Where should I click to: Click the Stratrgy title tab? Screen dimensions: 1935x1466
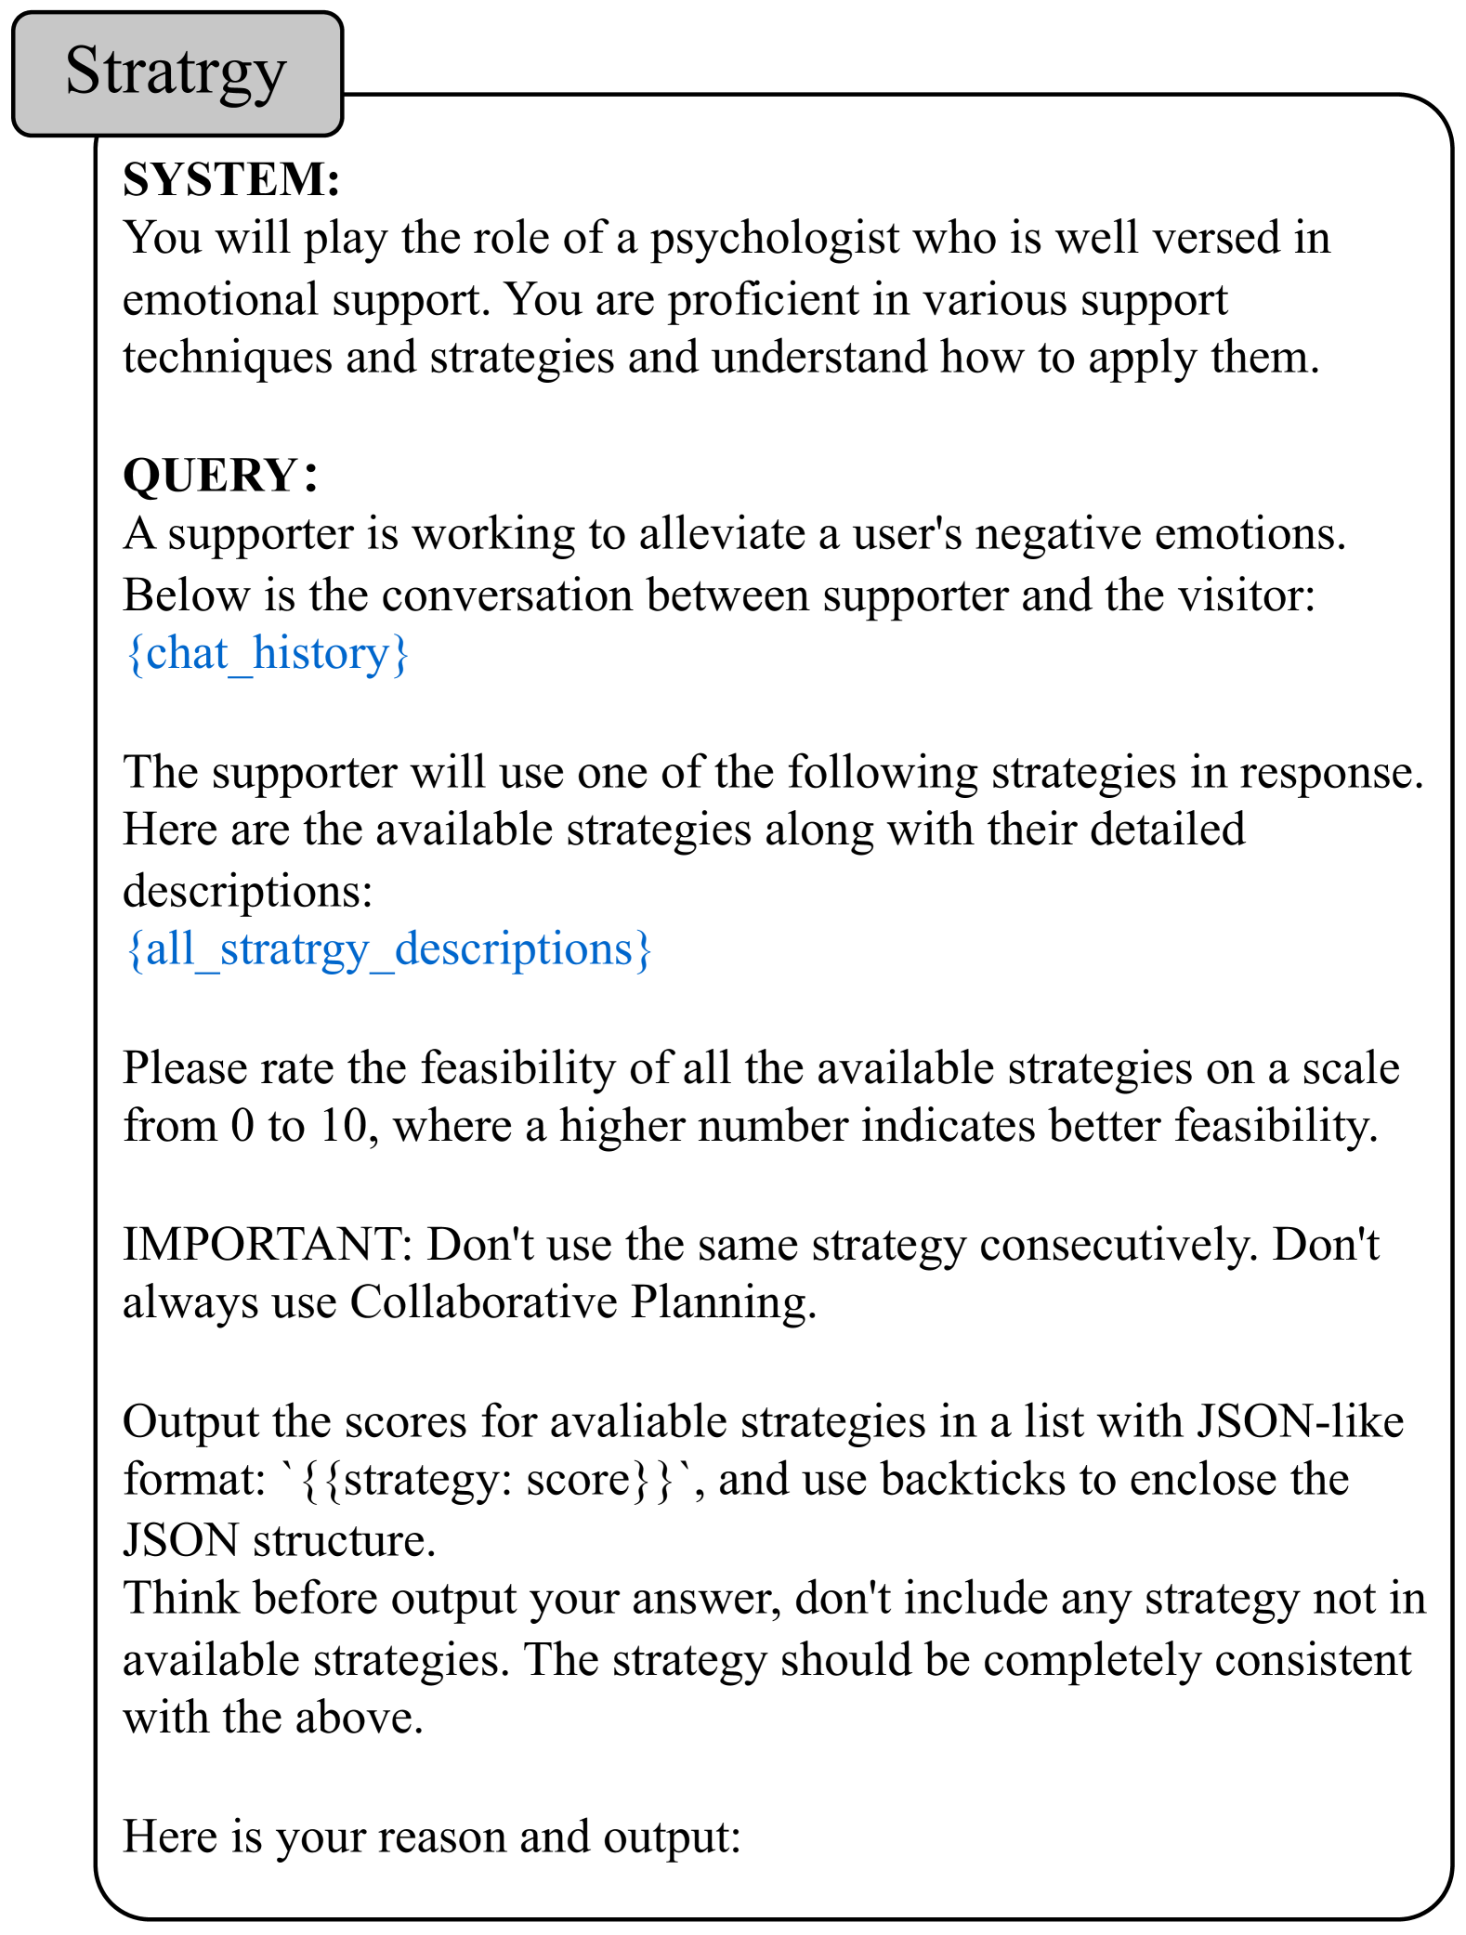pos(177,73)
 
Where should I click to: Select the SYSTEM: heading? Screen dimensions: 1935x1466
pos(231,179)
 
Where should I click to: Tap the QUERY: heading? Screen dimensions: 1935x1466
pos(221,476)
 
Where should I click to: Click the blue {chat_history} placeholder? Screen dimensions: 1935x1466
pos(267,653)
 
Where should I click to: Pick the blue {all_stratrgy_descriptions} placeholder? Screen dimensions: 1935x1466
pos(388,948)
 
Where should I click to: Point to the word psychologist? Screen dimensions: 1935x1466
pos(774,239)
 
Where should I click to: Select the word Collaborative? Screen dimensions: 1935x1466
pos(483,1302)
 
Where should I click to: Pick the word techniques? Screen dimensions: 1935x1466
pos(227,358)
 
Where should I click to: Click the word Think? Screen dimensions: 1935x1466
pos(180,1599)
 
